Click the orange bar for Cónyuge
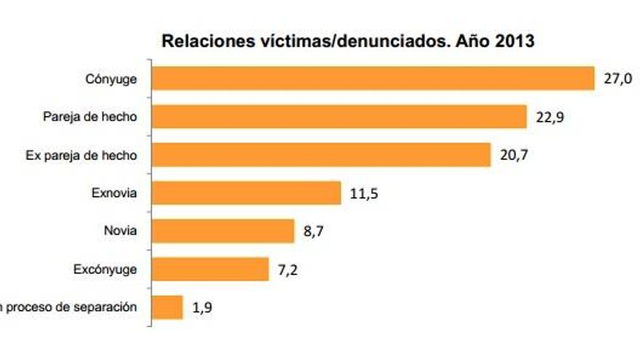pyautogui.click(x=373, y=79)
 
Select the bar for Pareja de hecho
pyautogui.click(x=339, y=116)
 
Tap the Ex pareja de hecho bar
pyautogui.click(x=321, y=154)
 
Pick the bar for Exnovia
pyautogui.click(x=247, y=193)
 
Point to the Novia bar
pyautogui.click(x=223, y=231)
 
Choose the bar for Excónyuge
pyautogui.click(x=210, y=269)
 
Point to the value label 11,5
pyautogui.click(x=364, y=193)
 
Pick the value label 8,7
pyautogui.click(x=314, y=232)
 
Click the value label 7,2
pyautogui.click(x=289, y=270)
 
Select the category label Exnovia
pyautogui.click(x=114, y=193)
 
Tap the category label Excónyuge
pyautogui.click(x=105, y=269)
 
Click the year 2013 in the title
pyautogui.click(x=514, y=41)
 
